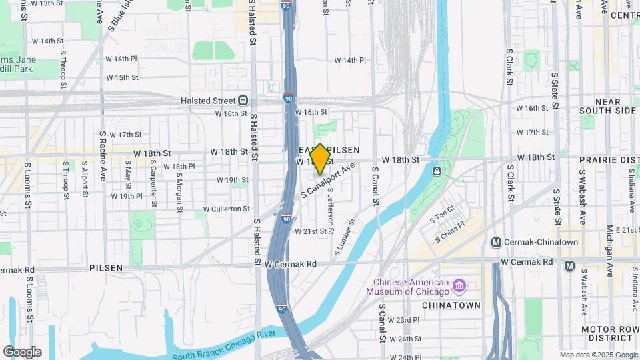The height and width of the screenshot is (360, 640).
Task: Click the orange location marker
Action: pos(321,159)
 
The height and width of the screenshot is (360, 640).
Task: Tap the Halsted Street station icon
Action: pos(243,100)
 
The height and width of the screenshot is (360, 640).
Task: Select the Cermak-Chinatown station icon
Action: pos(496,242)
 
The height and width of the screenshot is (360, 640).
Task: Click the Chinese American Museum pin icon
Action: pos(459,287)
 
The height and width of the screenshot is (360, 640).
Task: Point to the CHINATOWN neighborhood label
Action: pos(451,305)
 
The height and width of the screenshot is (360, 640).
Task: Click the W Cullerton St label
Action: pos(226,209)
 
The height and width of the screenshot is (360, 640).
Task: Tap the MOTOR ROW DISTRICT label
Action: pos(610,335)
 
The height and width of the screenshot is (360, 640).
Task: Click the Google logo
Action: pos(22,352)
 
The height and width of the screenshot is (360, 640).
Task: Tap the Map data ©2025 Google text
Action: pos(599,355)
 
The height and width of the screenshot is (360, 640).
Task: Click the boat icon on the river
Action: pos(436,172)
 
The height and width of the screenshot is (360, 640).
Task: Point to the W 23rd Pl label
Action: pos(407,320)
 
